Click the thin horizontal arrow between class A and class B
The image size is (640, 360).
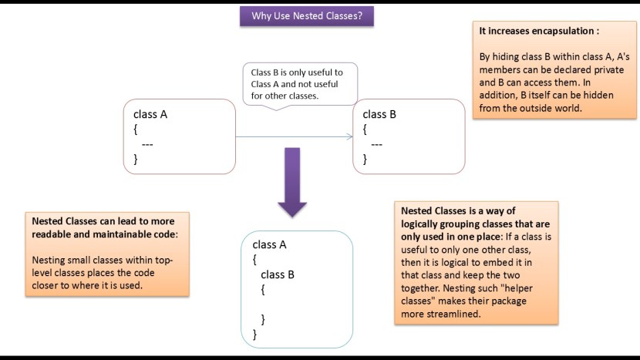tap(293, 136)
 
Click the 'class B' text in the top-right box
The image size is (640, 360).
tap(379, 114)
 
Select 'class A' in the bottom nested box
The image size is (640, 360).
tap(269, 245)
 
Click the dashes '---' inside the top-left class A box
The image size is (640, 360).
tap(147, 144)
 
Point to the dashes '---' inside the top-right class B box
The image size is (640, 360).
tap(376, 144)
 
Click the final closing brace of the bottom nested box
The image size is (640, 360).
tap(254, 334)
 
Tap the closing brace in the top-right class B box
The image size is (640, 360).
tap(365, 159)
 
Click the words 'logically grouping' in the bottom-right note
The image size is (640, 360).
tap(440, 223)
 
